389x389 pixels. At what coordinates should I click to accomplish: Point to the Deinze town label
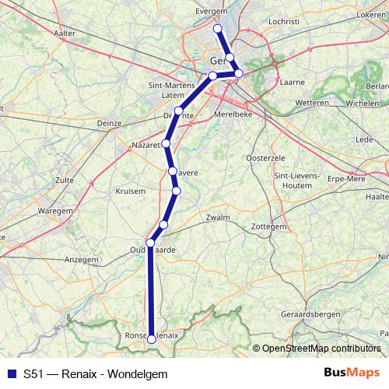point(108,122)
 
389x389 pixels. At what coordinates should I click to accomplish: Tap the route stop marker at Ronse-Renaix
point(151,336)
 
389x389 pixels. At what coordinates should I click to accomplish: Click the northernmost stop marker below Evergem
point(218,29)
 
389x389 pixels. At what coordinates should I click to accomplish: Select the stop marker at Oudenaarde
point(150,243)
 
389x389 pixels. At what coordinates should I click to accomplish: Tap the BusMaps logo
point(351,373)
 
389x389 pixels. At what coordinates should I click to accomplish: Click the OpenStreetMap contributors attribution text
point(321,348)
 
